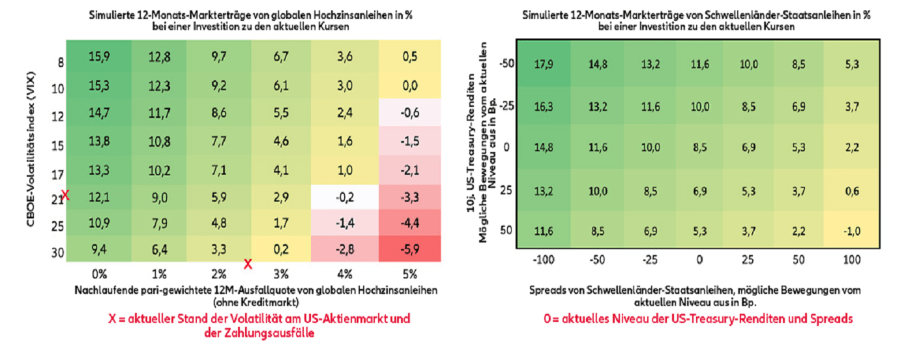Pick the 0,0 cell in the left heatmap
tap(410, 86)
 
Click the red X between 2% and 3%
tap(248, 264)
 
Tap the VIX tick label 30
tap(57, 253)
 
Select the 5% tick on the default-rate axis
tap(409, 273)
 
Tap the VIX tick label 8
tap(60, 64)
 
